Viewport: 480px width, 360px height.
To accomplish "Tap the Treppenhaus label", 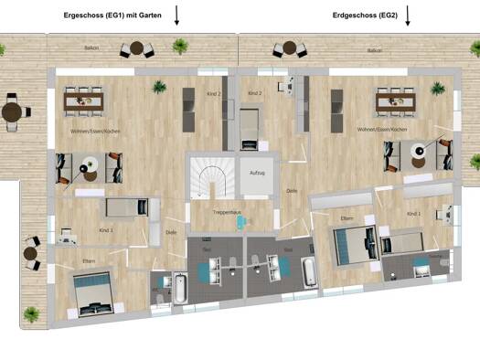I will pyautogui.click(x=225, y=212).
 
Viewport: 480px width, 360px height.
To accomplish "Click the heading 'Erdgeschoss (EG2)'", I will pyautogui.click(x=365, y=15).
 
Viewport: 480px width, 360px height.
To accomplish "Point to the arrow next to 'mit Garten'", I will pyautogui.click(x=177, y=15).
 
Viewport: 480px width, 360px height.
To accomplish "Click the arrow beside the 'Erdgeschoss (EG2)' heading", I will pyautogui.click(x=408, y=15).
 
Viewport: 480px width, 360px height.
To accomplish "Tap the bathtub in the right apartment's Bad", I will pyautogui.click(x=308, y=273).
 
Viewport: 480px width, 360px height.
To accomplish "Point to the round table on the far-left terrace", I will pyautogui.click(x=12, y=111).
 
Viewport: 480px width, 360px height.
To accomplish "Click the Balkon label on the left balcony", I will pyautogui.click(x=91, y=48).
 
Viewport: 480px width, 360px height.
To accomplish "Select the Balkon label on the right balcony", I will pyautogui.click(x=374, y=51).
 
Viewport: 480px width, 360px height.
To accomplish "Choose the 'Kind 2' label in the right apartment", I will pyautogui.click(x=255, y=93).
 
